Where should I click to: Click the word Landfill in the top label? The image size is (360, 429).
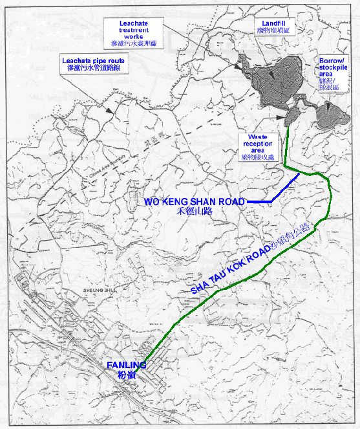pos(270,22)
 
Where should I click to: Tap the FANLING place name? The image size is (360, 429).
pos(126,366)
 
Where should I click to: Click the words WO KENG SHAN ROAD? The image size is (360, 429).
pos(194,202)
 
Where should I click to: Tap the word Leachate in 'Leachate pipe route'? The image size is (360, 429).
pos(73,59)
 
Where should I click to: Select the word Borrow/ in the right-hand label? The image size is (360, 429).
pos(332,60)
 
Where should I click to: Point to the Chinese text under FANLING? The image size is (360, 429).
pos(125,375)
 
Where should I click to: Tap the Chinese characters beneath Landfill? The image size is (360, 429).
pos(270,30)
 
